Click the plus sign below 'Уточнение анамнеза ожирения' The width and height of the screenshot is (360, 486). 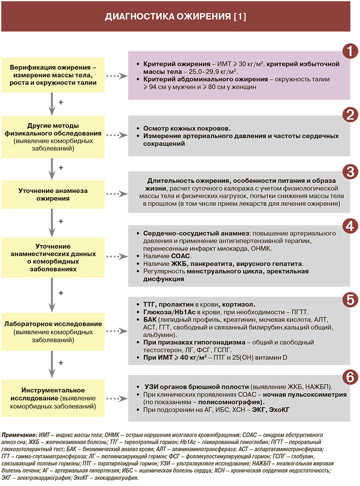pos(60,220)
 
